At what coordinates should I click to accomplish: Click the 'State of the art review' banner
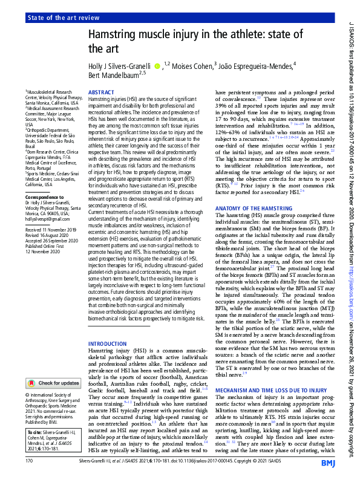click(65, 19)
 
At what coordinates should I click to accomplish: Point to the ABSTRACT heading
click(101, 92)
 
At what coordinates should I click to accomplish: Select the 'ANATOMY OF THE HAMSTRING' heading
click(255, 209)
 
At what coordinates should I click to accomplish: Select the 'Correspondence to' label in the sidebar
click(45, 197)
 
